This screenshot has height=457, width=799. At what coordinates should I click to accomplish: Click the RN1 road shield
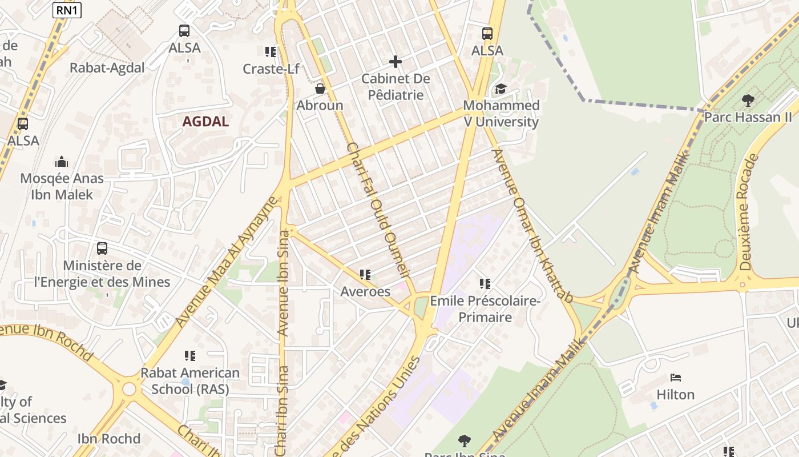pyautogui.click(x=67, y=10)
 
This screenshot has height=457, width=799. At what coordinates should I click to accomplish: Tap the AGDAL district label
pyautogui.click(x=205, y=121)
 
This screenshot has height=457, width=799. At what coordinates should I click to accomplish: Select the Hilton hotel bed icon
pyautogui.click(x=676, y=378)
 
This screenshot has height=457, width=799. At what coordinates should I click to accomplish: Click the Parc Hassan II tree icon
pyautogui.click(x=748, y=101)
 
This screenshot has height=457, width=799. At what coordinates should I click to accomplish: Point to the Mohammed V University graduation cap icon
pyautogui.click(x=501, y=89)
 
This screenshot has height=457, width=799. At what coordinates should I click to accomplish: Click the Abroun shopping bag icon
pyautogui.click(x=320, y=89)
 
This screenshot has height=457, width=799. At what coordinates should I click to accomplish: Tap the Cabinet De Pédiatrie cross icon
pyautogui.click(x=396, y=61)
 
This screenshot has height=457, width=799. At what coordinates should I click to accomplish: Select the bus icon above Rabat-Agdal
pyautogui.click(x=184, y=31)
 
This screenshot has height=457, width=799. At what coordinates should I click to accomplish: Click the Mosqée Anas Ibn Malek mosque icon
pyautogui.click(x=62, y=162)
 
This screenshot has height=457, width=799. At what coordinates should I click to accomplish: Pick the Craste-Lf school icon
pyautogui.click(x=271, y=52)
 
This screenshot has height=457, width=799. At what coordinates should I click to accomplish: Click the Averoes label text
pyautogui.click(x=365, y=291)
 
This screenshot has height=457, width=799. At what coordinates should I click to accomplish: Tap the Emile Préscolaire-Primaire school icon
pyautogui.click(x=485, y=283)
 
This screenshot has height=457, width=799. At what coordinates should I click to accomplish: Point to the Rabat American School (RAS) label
pyautogui.click(x=190, y=381)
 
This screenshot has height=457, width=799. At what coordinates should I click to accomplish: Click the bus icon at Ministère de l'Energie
pyautogui.click(x=102, y=248)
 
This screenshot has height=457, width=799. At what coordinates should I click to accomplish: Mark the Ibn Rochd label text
pyautogui.click(x=109, y=439)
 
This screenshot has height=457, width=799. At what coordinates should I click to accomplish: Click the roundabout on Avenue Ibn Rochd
pyautogui.click(x=129, y=389)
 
